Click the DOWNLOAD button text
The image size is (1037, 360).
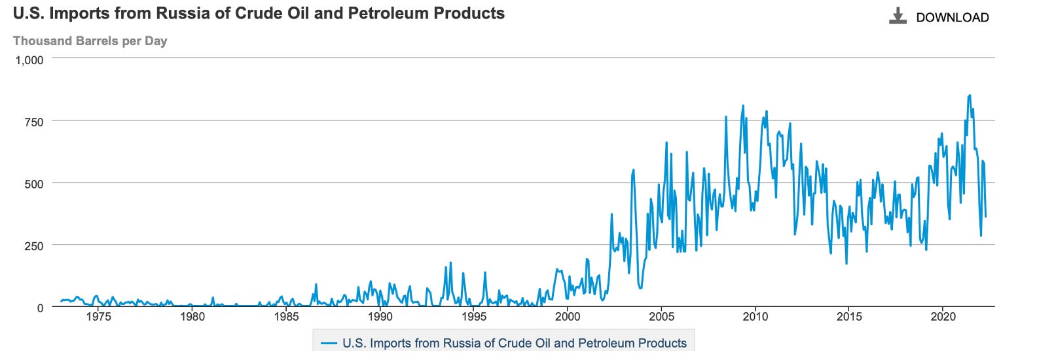952,18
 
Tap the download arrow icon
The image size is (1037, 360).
898,16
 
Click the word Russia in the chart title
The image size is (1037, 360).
156,13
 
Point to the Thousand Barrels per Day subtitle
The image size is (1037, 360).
90,41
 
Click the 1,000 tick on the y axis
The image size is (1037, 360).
29,60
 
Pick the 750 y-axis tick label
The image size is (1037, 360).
34,122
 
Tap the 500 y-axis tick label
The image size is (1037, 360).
34,184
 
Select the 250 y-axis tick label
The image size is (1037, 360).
34,246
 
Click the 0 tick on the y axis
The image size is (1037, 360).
41,308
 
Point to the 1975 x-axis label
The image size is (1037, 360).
98,317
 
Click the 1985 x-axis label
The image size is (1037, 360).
286,317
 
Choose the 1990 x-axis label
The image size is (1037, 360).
380,317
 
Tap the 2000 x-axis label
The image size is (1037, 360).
568,317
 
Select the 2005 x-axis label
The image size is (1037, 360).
661,317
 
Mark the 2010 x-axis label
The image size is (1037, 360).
755,317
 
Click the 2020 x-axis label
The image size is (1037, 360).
942,317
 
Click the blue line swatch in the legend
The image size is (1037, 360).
329,344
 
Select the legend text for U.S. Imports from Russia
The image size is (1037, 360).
515,344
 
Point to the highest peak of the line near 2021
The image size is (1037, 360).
970,96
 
